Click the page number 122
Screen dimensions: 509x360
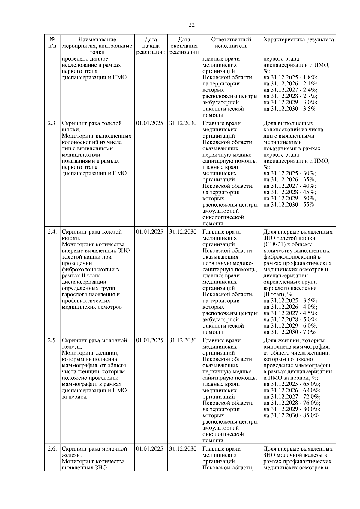[x=190, y=25]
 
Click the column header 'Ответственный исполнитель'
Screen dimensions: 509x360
[x=231, y=43]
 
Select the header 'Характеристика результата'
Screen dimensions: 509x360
[x=298, y=40]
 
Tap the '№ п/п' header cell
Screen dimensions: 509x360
[x=52, y=43]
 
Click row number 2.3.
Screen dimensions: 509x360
[x=52, y=123]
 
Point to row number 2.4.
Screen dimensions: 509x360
[x=52, y=232]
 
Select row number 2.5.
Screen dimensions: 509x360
[x=52, y=340]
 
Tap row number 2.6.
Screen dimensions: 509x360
[x=52, y=449]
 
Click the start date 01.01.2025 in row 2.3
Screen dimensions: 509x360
[x=150, y=123]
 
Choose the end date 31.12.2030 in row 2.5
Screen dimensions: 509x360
[x=183, y=340]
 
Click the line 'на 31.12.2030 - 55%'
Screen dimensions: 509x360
[x=289, y=205]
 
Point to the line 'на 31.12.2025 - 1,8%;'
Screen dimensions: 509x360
[x=290, y=78]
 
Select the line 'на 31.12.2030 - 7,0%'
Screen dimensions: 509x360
[x=289, y=332]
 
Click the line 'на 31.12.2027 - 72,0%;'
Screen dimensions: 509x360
[x=292, y=397]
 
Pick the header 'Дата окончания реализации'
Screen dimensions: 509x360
[x=184, y=46]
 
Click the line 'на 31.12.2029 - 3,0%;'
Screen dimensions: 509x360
[x=290, y=103]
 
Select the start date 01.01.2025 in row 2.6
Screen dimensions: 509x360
[x=150, y=449]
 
